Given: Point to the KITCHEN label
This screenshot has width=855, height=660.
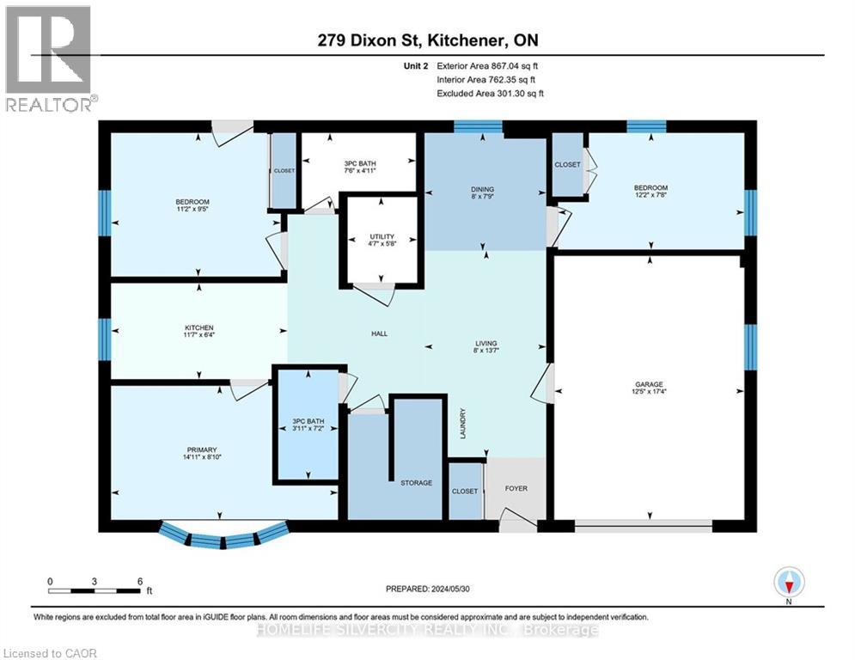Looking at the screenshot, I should pyautogui.click(x=198, y=327).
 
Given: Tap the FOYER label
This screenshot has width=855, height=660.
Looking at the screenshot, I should pyautogui.click(x=515, y=489).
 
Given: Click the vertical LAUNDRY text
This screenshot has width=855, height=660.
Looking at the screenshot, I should pyautogui.click(x=462, y=424).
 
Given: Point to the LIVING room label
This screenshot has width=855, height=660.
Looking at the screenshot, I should pyautogui.click(x=486, y=343).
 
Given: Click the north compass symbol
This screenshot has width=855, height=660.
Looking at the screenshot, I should pyautogui.click(x=788, y=584).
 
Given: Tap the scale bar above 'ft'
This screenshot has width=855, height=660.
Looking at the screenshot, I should pyautogui.click(x=95, y=590).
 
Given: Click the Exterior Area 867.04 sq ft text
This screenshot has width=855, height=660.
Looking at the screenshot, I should pyautogui.click(x=488, y=65).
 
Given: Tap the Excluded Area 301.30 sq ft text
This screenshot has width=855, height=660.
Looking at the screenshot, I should pyautogui.click(x=490, y=93).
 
